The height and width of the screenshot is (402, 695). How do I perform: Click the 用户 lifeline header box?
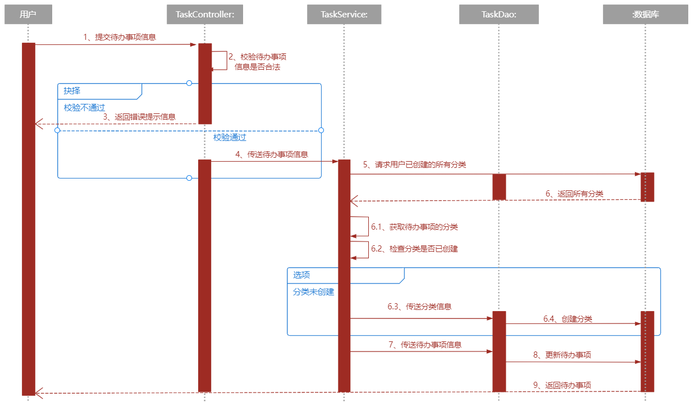pos(28,15)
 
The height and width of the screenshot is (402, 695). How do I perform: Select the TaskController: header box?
pos(205,15)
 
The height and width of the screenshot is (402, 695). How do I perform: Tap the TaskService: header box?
pos(344,15)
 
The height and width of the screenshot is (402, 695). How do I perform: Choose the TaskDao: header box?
pos(499,15)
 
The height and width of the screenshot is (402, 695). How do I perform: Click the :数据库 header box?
pos(645,15)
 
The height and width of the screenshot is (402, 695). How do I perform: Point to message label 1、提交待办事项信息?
pos(119,37)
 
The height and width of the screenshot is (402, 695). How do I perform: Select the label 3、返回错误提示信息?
pos(139,117)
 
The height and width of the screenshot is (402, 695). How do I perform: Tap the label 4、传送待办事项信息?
pos(271,154)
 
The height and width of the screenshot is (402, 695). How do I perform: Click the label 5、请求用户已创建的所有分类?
pos(414,165)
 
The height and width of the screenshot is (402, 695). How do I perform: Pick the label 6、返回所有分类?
pos(574,193)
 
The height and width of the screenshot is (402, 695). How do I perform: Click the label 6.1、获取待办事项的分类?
pos(414,227)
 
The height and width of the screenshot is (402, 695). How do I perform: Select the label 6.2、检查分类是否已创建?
pos(414,248)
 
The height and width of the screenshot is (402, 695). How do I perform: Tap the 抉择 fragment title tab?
pos(72,90)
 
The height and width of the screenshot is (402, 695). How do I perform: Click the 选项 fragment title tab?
pos(301,275)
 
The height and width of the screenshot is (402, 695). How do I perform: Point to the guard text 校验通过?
pos(230,137)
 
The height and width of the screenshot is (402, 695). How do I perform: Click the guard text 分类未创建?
pos(313,292)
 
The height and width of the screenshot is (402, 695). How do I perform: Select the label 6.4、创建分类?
pos(567,318)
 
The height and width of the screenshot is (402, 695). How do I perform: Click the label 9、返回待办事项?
pos(561,385)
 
